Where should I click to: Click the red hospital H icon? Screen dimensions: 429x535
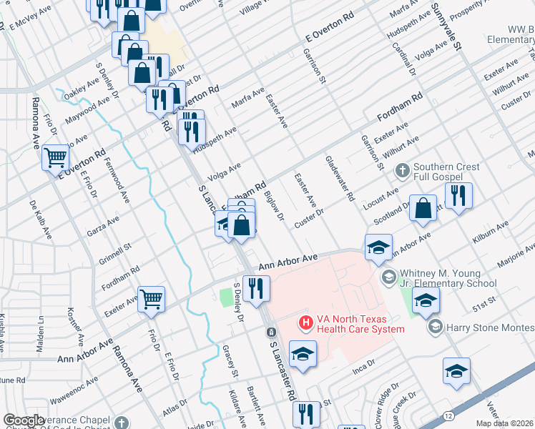coord(306,323)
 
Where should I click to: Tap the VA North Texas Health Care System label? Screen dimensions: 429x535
coord(354,324)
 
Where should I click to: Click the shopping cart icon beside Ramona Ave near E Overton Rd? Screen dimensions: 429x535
coord(55,157)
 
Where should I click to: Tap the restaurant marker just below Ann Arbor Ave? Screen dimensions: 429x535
coord(255,288)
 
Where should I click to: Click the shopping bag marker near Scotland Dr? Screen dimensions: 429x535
coord(423,207)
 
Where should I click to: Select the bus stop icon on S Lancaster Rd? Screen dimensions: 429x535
coord(271,332)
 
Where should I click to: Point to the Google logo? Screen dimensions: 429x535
coord(24,420)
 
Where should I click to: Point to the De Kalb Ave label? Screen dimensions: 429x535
coord(41,219)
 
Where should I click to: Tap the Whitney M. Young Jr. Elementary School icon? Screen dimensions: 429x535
coord(388,276)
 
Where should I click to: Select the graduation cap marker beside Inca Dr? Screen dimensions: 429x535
coord(303,354)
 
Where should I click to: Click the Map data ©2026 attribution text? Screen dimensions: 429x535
coord(504,423)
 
